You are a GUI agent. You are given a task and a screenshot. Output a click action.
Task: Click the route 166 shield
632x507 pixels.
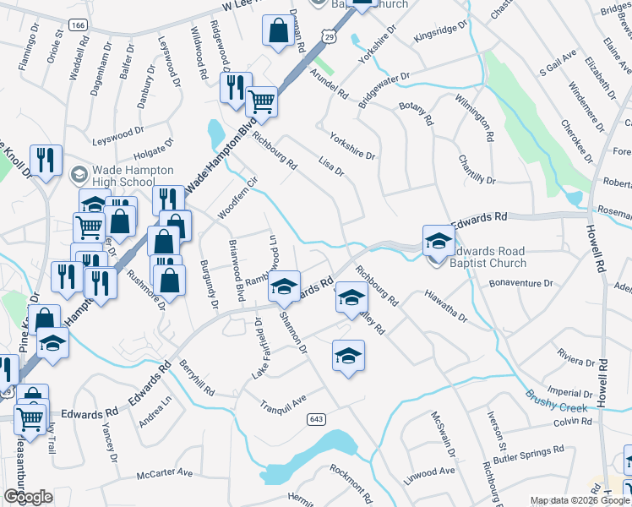(x=79, y=27)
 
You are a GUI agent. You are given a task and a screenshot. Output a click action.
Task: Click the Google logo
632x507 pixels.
(x=27, y=497)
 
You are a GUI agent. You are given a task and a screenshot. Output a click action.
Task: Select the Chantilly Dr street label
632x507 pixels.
(x=477, y=170)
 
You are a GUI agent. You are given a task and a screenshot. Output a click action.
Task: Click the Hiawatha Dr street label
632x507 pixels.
(x=446, y=306)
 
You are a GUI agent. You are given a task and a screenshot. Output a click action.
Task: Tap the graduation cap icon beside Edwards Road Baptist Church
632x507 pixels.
(x=439, y=239)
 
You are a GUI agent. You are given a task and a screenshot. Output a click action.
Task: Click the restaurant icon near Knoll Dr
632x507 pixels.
(x=46, y=160)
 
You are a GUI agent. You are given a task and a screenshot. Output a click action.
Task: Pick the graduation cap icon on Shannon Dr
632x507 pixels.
(x=347, y=356)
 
